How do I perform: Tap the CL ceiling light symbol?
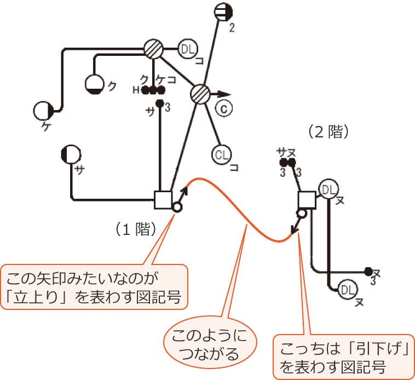222,155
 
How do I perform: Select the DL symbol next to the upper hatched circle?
188,50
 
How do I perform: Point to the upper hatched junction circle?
154,50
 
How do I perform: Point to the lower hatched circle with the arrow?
201,94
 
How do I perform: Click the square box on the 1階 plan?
164,199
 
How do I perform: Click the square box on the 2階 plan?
307,200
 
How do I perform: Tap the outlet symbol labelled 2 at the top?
224,11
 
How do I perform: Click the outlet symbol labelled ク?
95,84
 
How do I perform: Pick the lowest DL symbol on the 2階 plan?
347,289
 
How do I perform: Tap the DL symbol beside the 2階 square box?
328,189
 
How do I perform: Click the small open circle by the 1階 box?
177,207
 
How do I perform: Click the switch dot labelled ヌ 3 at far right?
368,271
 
